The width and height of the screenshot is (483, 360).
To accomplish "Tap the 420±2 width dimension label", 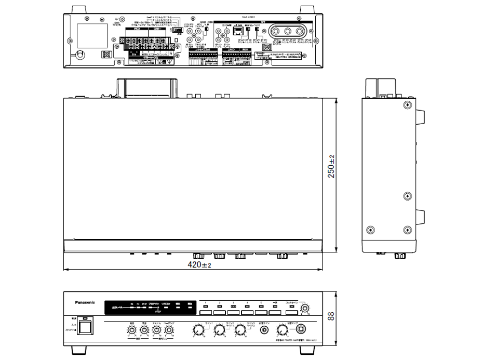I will coord(199,265).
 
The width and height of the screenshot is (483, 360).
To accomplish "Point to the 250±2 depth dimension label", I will coord(331,167).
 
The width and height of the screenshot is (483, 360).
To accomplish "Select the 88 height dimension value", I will coord(331,316).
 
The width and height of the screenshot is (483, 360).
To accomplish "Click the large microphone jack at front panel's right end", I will coord(301,329).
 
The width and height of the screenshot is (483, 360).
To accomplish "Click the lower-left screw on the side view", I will coord(370,230).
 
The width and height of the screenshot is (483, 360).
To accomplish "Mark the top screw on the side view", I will coord(407,105).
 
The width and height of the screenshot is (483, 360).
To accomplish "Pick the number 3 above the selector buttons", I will coord(233,302).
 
